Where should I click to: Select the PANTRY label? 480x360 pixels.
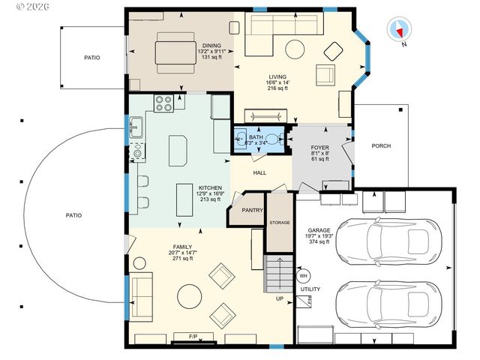point(252,211)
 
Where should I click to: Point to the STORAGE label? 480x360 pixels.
point(279,222)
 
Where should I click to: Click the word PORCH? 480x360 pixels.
point(381,146)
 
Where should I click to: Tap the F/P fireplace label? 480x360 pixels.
point(193,336)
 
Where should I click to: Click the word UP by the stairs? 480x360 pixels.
point(280,298)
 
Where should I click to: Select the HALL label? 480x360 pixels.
point(259,172)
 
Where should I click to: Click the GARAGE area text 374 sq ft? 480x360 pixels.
point(319,241)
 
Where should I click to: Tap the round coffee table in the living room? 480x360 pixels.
point(296,49)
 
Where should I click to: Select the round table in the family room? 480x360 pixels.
point(188,295)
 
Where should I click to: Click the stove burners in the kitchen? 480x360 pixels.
point(164,103)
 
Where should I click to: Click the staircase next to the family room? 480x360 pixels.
point(277,274)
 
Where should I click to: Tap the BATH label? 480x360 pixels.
point(256,137)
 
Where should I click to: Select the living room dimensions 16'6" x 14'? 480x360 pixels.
point(278,82)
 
